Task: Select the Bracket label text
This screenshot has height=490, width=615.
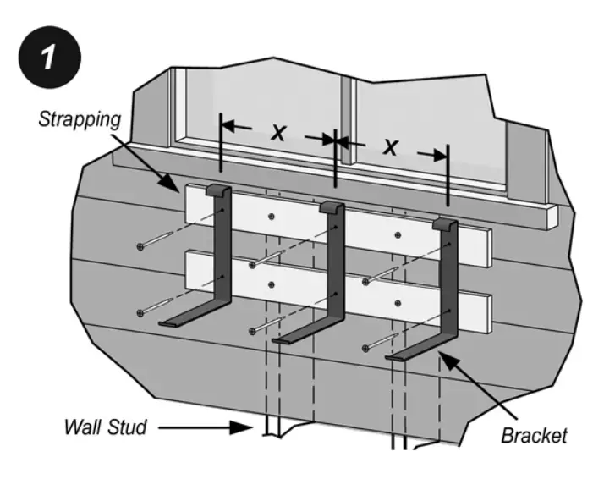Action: [534, 437]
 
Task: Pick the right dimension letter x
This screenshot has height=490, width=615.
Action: [390, 146]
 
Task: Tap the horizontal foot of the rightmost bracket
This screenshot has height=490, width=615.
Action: [415, 353]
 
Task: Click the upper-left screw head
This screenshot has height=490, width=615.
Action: [141, 246]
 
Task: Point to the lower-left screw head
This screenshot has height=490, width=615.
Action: [140, 313]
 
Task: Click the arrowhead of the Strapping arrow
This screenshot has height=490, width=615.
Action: [173, 187]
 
